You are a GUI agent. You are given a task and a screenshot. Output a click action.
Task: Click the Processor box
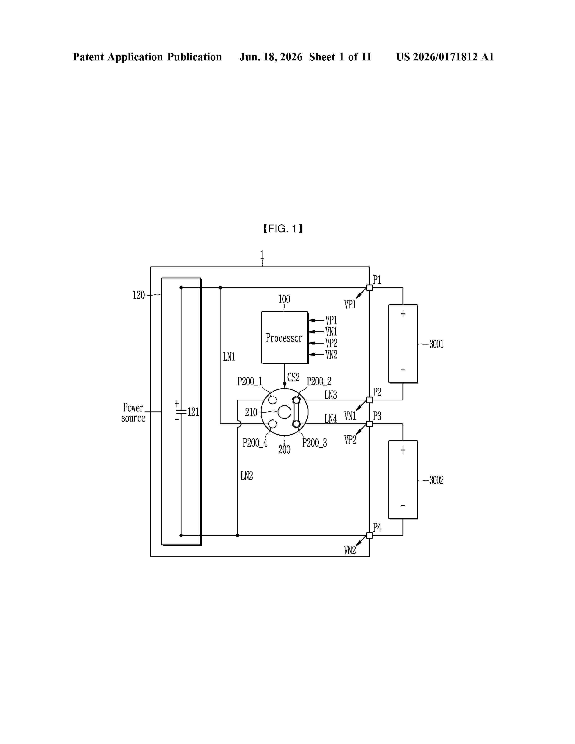tap(284, 337)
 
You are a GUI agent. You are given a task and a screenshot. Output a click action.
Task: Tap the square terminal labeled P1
tap(369, 287)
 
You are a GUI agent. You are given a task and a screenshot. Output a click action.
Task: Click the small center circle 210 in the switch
tap(284, 412)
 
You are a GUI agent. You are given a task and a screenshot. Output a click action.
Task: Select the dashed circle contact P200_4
tap(273, 424)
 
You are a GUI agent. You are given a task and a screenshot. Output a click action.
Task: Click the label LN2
tap(247, 475)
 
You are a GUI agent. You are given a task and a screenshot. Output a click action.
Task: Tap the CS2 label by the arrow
tap(293, 377)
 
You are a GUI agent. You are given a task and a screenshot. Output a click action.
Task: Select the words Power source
tap(133, 413)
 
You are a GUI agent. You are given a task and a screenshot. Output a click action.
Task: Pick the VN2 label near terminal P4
tap(350, 550)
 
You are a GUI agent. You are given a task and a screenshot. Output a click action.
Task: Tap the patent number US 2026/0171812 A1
tap(445, 57)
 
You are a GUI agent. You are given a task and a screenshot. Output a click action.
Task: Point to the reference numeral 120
tap(139, 295)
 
